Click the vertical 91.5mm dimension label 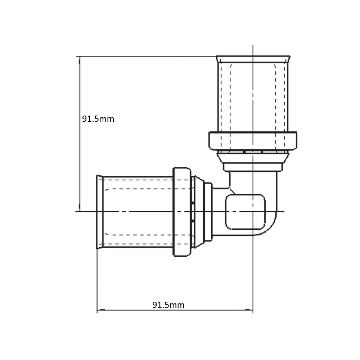98,119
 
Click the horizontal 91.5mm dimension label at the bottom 168,305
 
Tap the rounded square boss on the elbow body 245,212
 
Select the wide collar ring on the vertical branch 253,141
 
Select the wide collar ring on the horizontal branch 182,212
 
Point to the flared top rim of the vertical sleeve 253,59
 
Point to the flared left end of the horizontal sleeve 100,212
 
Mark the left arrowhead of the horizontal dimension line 101,310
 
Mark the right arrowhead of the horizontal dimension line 249,310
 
